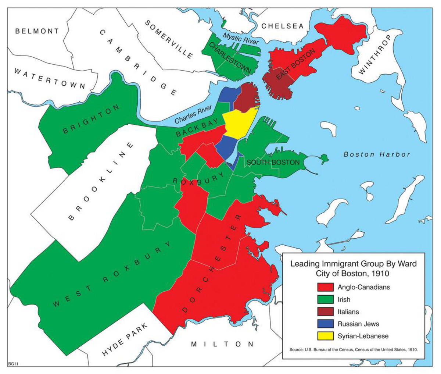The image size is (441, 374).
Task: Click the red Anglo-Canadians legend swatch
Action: click(325, 287)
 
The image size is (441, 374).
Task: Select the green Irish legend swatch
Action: click(325, 299)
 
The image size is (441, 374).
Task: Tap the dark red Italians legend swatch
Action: click(325, 311)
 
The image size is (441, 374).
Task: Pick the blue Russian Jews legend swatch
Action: click(325, 324)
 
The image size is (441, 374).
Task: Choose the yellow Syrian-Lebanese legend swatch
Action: click(325, 336)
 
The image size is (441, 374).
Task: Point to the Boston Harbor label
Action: click(377, 154)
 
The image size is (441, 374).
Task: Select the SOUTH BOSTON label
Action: click(273, 162)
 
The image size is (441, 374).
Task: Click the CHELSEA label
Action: click(283, 26)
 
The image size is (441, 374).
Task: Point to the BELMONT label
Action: click(37, 31)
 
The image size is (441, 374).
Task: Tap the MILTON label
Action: click(222, 344)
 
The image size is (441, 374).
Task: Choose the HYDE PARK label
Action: click(125, 339)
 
